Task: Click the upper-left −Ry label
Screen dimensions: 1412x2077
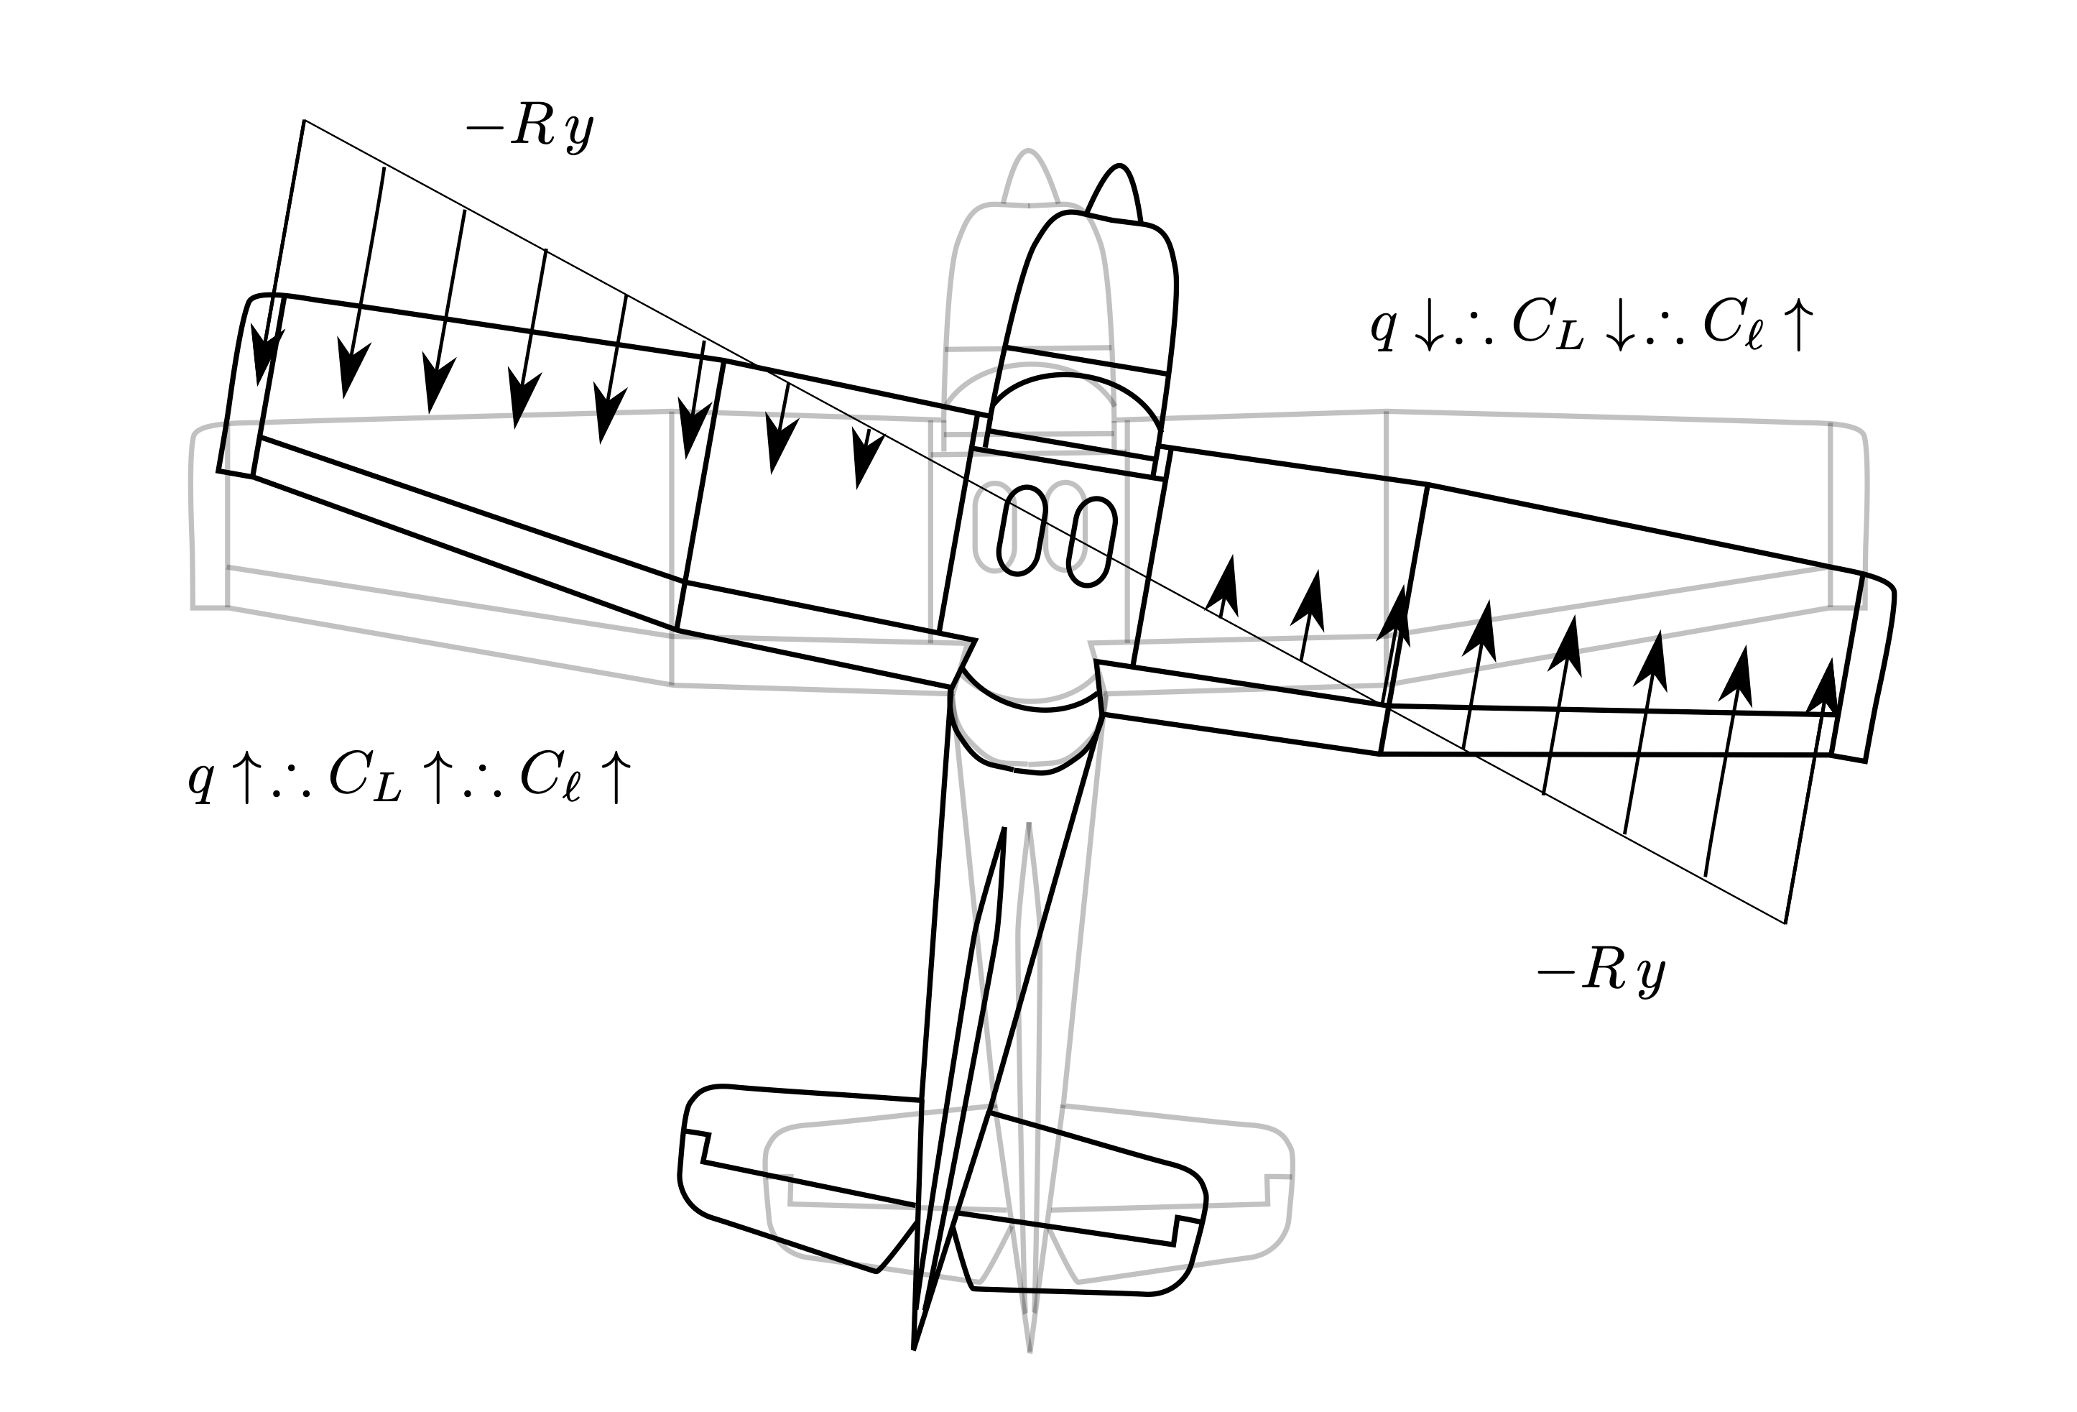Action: [529, 131]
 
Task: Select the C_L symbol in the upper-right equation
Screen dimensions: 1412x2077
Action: [1547, 326]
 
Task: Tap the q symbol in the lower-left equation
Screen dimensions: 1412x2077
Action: [201, 777]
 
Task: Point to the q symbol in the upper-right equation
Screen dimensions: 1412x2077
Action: [1384, 327]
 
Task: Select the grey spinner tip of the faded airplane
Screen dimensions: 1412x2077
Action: [1029, 154]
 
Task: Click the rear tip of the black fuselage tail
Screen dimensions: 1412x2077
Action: [913, 1346]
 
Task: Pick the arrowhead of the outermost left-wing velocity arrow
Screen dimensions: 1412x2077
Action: [264, 357]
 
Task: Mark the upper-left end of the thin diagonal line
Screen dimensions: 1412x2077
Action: [305, 120]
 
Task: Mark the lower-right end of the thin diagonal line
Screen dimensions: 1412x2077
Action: [1785, 922]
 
